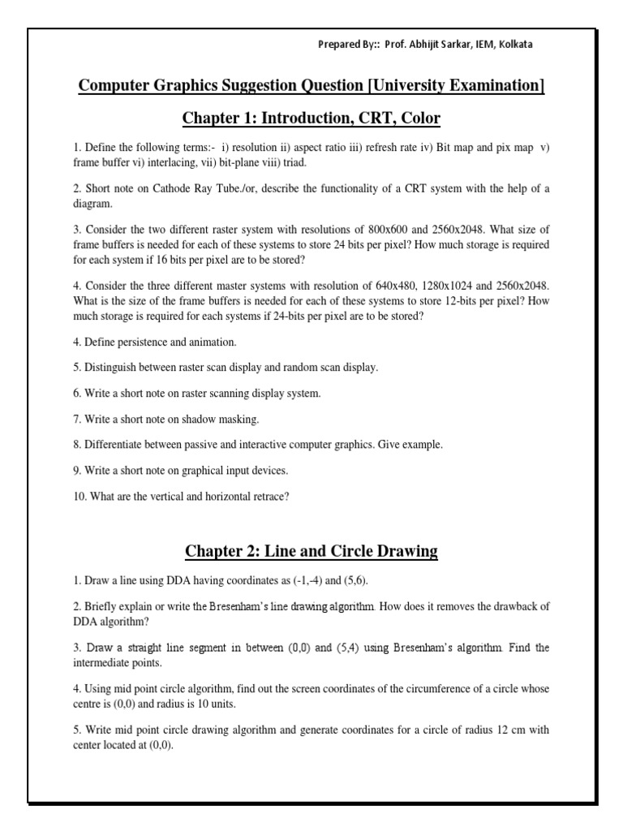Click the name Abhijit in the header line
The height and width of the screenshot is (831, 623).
tap(424, 45)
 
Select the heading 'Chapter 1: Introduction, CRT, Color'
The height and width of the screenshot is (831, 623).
tap(311, 118)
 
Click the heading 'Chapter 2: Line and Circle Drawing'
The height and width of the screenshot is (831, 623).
tap(311, 551)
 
